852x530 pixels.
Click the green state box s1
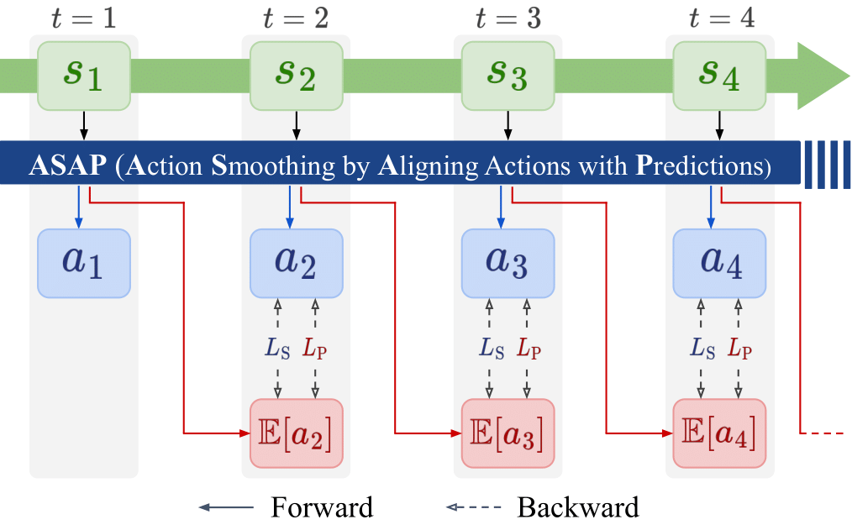(x=84, y=76)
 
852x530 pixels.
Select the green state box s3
(x=508, y=76)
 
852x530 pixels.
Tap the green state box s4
(x=719, y=76)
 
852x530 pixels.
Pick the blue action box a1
(x=84, y=263)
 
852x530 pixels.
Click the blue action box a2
(x=296, y=263)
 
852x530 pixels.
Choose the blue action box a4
(x=719, y=263)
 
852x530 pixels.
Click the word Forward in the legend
(x=322, y=507)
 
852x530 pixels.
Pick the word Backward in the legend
(x=578, y=507)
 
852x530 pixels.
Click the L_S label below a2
(x=277, y=348)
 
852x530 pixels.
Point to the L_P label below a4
(x=739, y=348)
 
